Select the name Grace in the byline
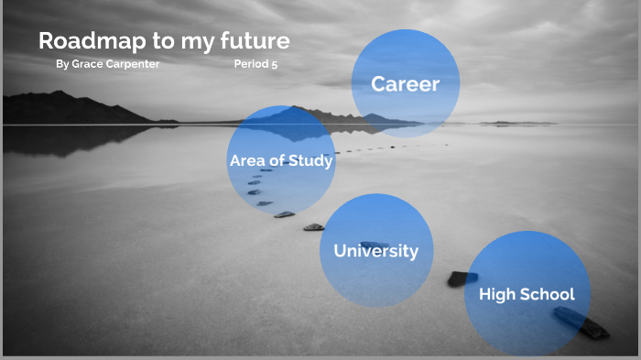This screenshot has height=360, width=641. click(x=88, y=65)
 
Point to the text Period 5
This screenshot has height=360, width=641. click(x=255, y=65)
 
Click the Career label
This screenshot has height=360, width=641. click(x=405, y=84)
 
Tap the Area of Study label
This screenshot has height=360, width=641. click(x=281, y=161)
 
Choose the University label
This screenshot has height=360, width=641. click(x=375, y=250)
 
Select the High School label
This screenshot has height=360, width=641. click(x=527, y=294)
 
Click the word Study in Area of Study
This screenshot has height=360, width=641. click(x=310, y=161)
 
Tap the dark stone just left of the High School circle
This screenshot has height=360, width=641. click(x=462, y=278)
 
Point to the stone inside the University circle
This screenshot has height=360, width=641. click(x=375, y=245)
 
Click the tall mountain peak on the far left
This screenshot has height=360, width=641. click(x=60, y=93)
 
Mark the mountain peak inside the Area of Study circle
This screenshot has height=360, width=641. click(x=291, y=110)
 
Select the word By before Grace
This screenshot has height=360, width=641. click(x=61, y=65)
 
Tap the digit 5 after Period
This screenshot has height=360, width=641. click(x=274, y=65)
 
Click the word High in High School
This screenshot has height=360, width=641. click(x=497, y=294)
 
